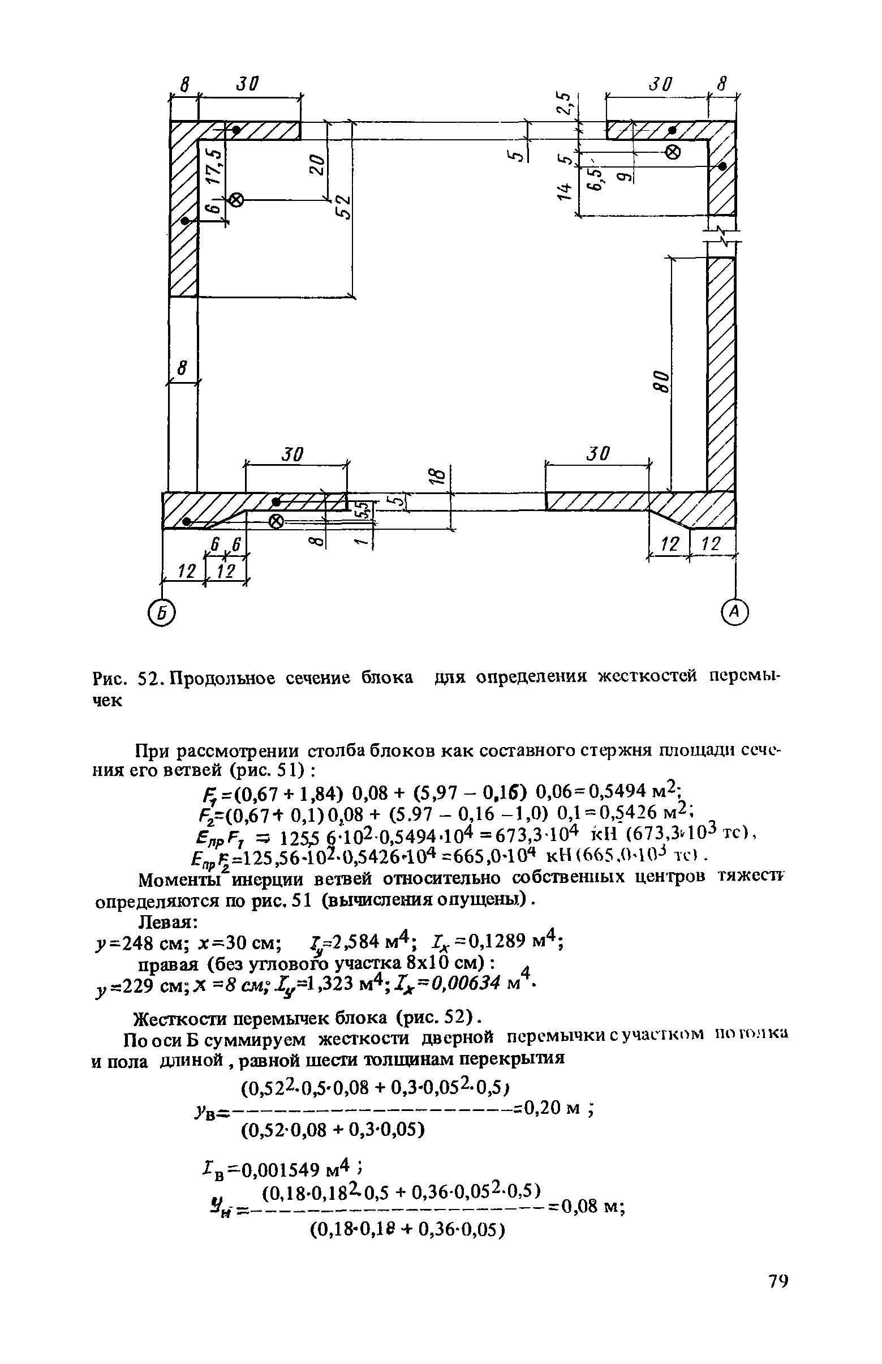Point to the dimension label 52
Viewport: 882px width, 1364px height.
point(342,205)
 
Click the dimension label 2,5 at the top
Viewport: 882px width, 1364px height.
point(566,104)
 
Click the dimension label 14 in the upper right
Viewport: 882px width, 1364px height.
point(566,192)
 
